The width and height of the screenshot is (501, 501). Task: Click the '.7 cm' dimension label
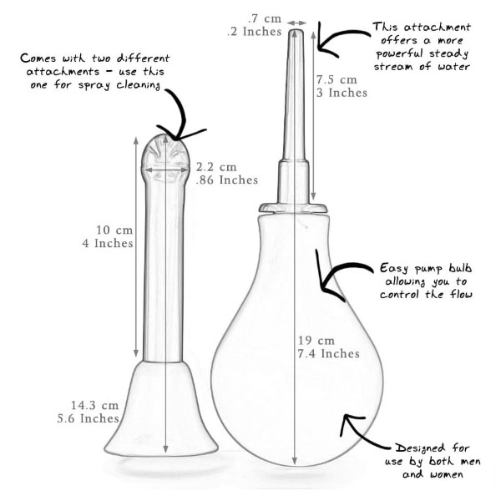pyautogui.click(x=265, y=18)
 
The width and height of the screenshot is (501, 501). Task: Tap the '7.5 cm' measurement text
pyautogui.click(x=337, y=79)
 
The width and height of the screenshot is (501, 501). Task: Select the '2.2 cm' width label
pyautogui.click(x=216, y=167)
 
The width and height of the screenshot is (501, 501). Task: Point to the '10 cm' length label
pyautogui.click(x=114, y=230)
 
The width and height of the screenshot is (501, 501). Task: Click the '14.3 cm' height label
pyautogui.click(x=94, y=406)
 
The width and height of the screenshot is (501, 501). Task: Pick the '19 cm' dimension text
pyautogui.click(x=316, y=341)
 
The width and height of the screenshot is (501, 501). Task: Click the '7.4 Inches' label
pyautogui.click(x=329, y=354)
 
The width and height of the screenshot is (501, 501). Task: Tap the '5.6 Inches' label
pyautogui.click(x=89, y=418)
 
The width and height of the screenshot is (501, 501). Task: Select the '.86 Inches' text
pyautogui.click(x=227, y=180)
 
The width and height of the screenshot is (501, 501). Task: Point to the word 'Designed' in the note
pyautogui.click(x=420, y=448)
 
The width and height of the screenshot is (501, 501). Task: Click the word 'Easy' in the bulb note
pyautogui.click(x=394, y=268)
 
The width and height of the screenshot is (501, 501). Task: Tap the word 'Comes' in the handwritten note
pyautogui.click(x=38, y=58)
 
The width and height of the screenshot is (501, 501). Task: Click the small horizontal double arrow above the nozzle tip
pyautogui.click(x=296, y=23)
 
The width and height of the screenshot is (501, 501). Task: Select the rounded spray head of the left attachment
pyautogui.click(x=165, y=158)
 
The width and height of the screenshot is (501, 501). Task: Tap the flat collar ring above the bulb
pyautogui.click(x=293, y=208)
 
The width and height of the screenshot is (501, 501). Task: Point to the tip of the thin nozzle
pyautogui.click(x=296, y=31)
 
